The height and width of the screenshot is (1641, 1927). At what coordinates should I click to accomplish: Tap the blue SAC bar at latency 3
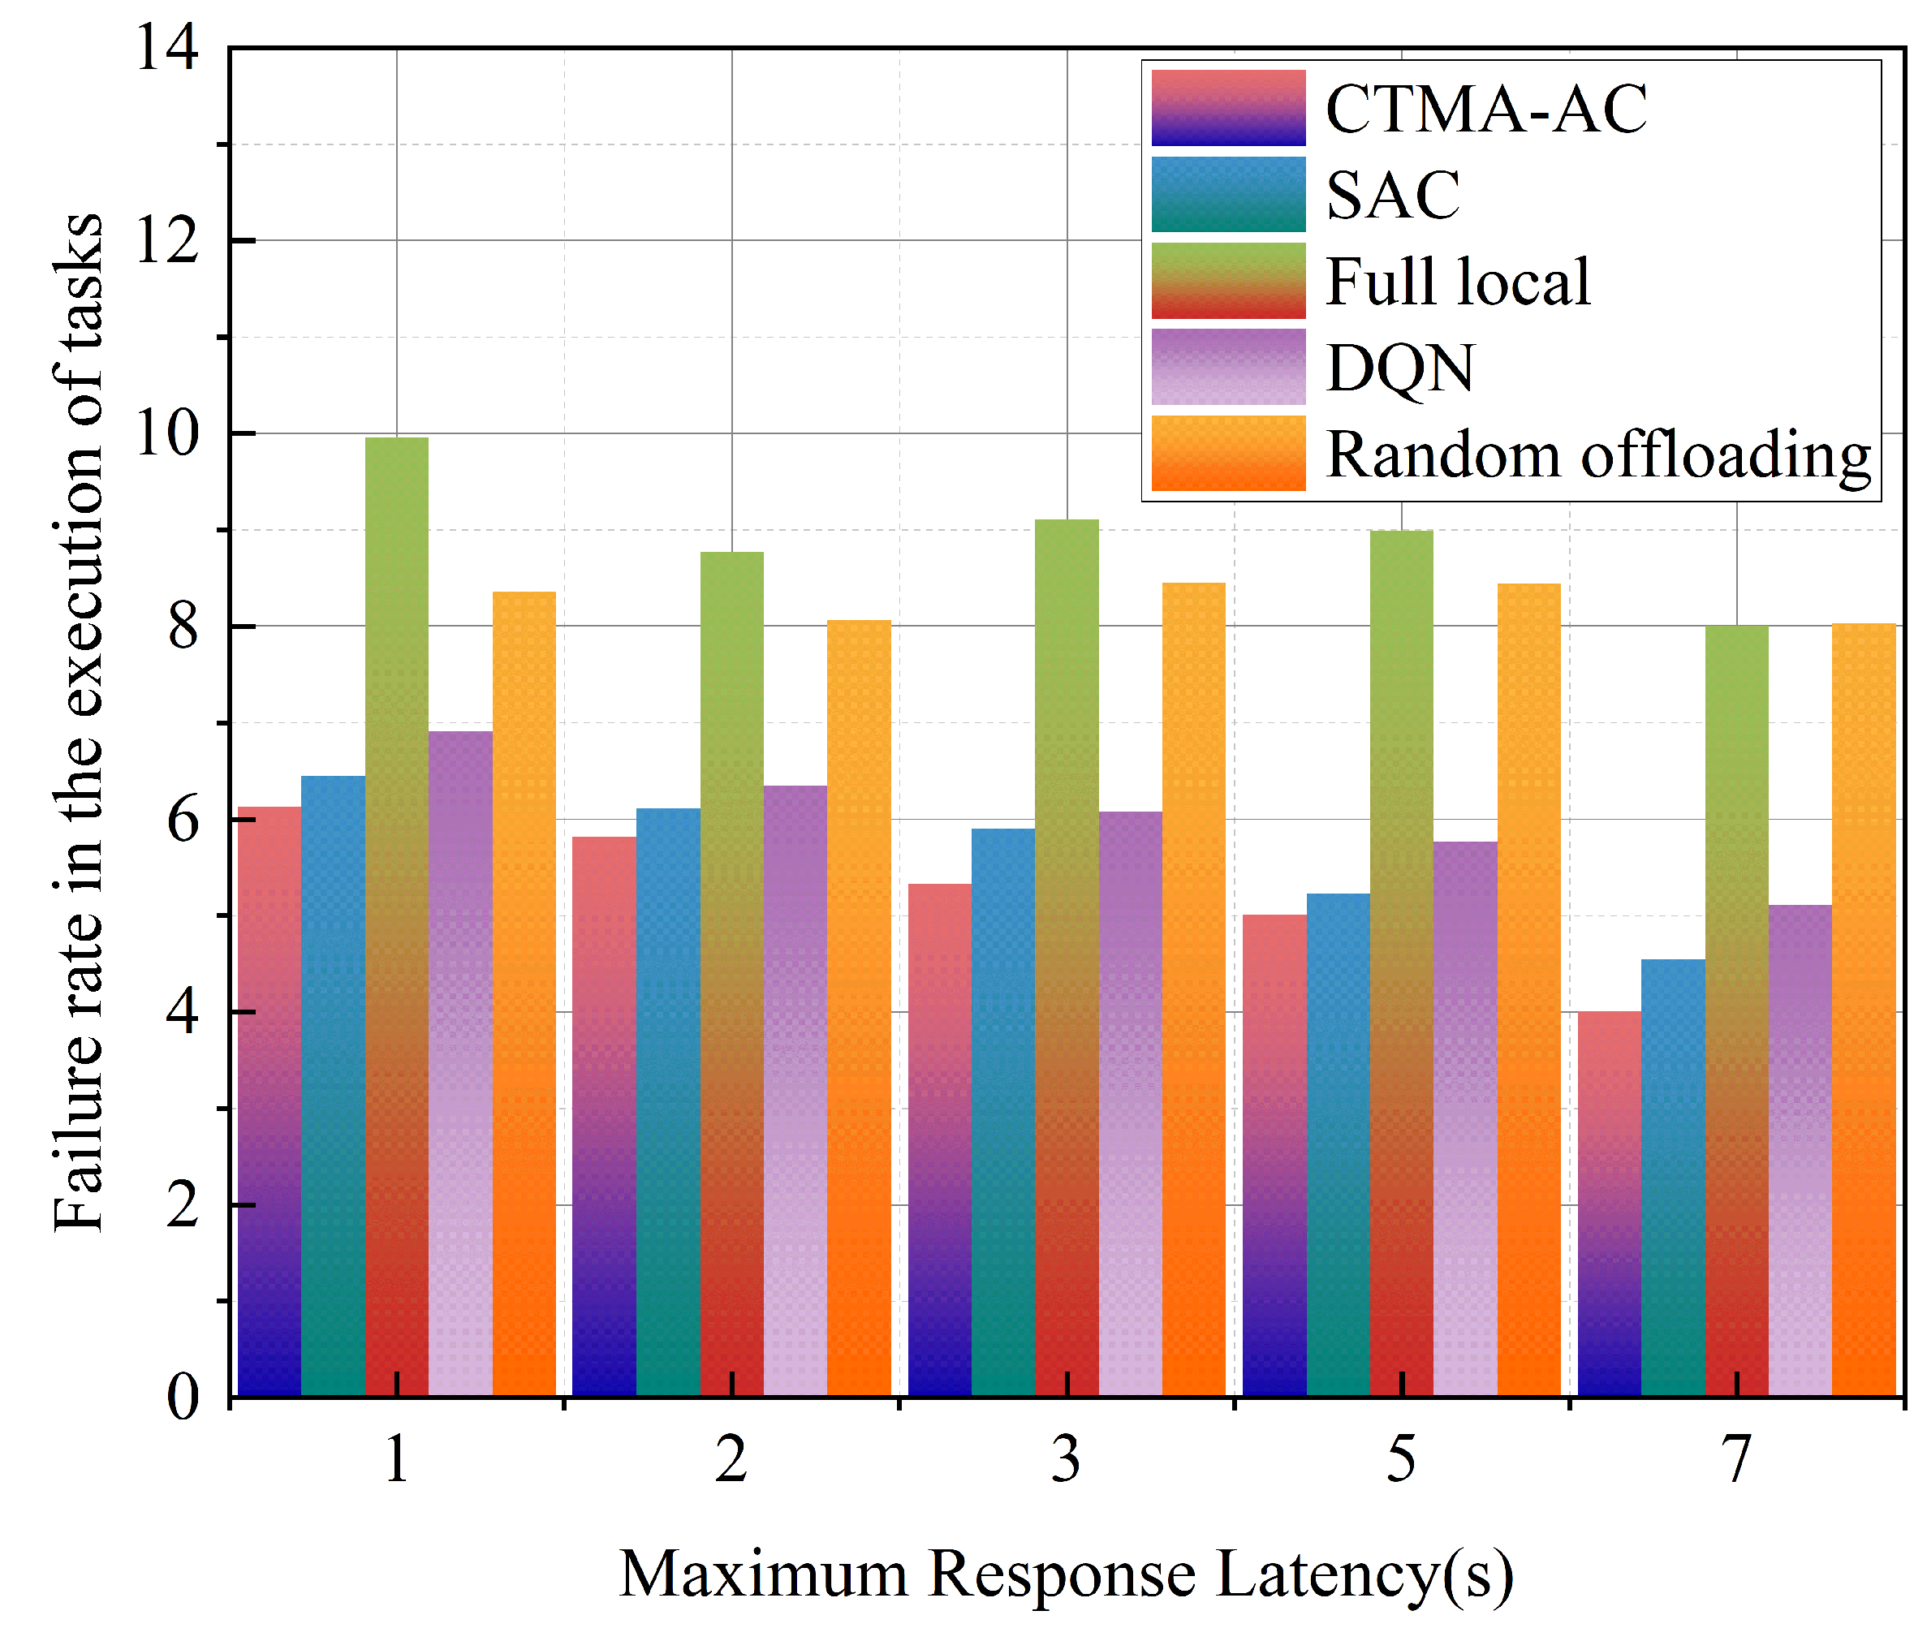coord(1003,1112)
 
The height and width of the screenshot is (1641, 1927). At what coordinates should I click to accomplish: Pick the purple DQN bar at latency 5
coord(1466,1118)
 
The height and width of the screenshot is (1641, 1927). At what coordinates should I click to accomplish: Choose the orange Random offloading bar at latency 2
coord(860,1008)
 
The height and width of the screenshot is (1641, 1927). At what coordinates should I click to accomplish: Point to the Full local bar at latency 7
coord(1737,1010)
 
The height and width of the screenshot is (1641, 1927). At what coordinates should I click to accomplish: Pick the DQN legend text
coord(1399,368)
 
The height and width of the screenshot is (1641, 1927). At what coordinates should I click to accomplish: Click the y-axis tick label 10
coord(167,433)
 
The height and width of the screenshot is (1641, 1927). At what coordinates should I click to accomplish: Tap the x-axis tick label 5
coord(1402,1460)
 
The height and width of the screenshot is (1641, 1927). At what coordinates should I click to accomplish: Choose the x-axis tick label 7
coord(1736,1460)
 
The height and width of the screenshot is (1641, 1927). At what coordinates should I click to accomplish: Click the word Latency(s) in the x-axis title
coord(1365,1574)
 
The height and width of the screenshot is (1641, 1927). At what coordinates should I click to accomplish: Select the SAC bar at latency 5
coord(1339,1144)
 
